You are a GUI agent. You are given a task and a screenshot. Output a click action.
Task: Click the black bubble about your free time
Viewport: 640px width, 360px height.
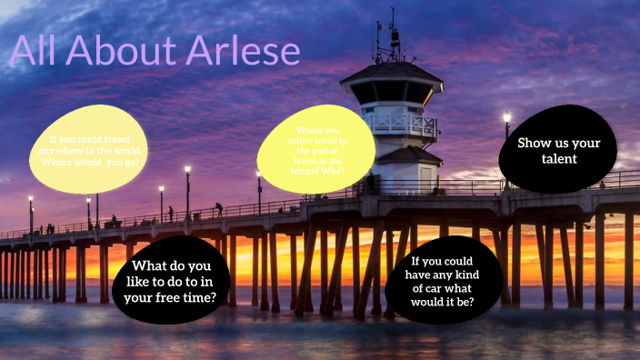coord(170,281)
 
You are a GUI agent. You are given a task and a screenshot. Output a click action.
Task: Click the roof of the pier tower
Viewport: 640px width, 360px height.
coord(392,72)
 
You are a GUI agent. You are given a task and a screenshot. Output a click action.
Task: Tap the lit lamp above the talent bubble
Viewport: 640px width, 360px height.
coord(506,117)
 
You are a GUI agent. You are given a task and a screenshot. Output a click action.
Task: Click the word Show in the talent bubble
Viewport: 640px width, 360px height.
coord(535,143)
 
